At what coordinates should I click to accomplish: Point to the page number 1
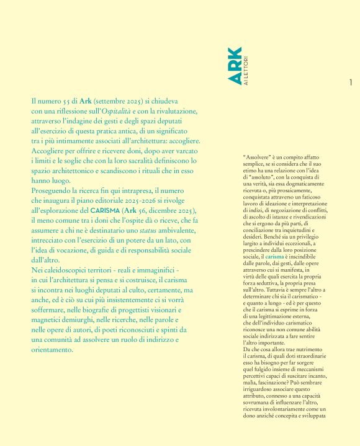(351, 82)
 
